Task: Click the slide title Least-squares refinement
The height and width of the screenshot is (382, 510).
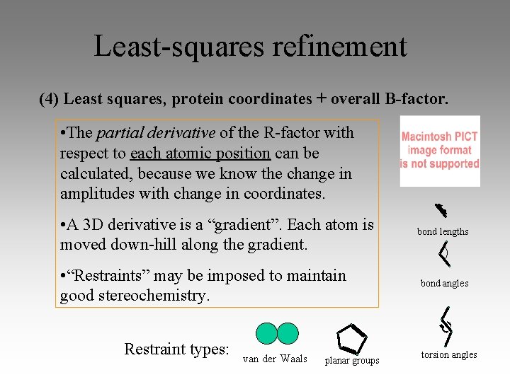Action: point(251,47)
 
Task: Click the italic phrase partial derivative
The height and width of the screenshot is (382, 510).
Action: point(155,132)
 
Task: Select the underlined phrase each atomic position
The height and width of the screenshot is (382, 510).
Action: point(200,153)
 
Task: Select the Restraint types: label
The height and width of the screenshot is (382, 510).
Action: point(176,349)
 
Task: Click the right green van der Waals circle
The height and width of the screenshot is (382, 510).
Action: point(288,333)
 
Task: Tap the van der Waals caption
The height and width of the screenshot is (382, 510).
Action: point(275,359)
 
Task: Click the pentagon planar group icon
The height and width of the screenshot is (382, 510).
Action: point(351,339)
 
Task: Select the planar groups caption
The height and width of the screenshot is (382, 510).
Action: point(351,361)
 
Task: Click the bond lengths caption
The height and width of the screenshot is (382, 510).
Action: point(443,231)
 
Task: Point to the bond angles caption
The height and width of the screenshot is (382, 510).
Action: point(444,283)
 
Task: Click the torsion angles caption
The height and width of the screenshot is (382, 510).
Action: point(449,354)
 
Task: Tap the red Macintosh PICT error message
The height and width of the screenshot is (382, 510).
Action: point(440,150)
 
